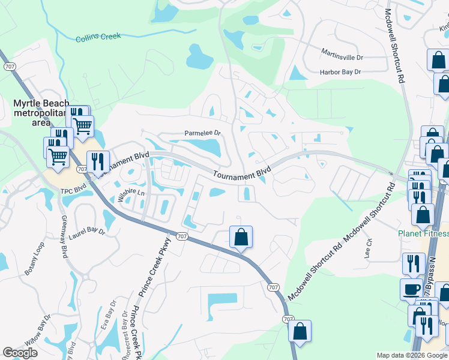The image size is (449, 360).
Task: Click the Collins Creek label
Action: coord(98,37)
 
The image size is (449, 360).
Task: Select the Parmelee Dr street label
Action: coord(203,133)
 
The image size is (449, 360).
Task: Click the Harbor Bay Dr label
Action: coord(340,72)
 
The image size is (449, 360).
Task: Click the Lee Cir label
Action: coord(369,247)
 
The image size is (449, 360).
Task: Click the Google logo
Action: coord(20,353)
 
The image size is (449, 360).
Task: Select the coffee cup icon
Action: coord(411,289)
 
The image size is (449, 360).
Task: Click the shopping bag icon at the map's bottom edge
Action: coord(300,331)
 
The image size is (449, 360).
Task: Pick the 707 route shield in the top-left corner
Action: coord(9,65)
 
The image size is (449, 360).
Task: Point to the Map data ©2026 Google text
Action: coord(411,355)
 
